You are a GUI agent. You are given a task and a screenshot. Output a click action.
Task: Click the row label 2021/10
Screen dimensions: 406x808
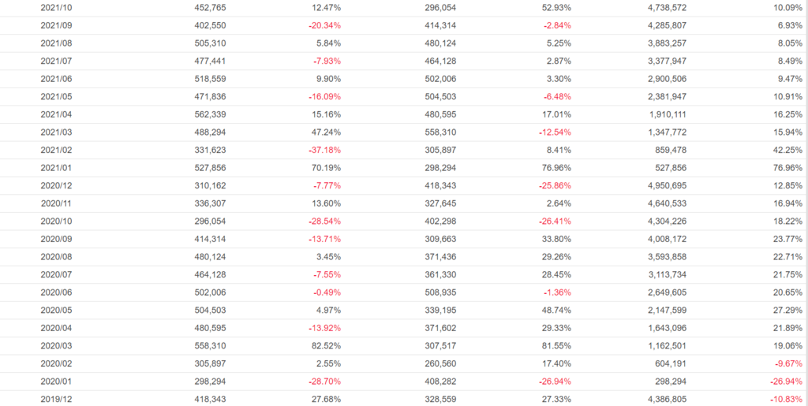pyautogui.click(x=56, y=8)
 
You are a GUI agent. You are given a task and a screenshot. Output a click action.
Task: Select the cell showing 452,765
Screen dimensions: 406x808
pyautogui.click(x=210, y=8)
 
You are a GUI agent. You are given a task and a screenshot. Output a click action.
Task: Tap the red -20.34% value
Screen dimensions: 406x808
pyautogui.click(x=325, y=25)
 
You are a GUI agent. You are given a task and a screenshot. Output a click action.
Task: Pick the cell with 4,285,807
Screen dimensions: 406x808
pyautogui.click(x=664, y=25)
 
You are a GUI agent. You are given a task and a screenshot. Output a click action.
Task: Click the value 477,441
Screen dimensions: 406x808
pyautogui.click(x=210, y=61)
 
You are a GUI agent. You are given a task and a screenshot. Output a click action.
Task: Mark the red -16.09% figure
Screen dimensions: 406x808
pyautogui.click(x=325, y=97)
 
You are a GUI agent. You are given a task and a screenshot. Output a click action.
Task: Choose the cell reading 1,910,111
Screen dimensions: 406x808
pyautogui.click(x=664, y=114)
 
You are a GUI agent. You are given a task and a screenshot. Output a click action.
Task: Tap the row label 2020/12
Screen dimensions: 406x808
pyautogui.click(x=56, y=185)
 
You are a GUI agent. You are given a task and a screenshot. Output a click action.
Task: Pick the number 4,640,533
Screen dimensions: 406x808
pyautogui.click(x=664, y=203)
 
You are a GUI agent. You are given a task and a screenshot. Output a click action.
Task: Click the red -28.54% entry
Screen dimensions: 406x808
pyautogui.click(x=325, y=222)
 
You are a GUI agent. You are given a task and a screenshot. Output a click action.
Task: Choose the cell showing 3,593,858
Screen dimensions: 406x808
pyautogui.click(x=664, y=257)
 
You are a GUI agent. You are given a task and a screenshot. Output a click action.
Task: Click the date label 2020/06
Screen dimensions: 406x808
pyautogui.click(x=56, y=292)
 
